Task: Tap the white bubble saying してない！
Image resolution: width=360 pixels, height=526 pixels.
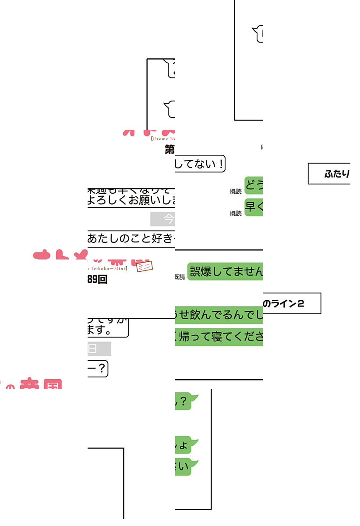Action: coord(200,164)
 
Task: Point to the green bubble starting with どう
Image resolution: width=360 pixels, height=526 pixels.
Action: coord(254,185)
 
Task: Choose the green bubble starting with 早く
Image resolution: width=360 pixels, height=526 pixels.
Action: coord(254,207)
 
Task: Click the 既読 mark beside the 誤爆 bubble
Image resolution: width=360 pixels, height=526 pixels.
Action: coord(180,277)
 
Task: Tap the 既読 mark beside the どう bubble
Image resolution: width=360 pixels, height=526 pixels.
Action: coord(236,192)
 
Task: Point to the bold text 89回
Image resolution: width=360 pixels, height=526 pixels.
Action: coord(97,280)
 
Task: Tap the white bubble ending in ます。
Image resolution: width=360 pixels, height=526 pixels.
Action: coord(108,328)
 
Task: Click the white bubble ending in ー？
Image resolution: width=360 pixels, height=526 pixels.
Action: coord(98,369)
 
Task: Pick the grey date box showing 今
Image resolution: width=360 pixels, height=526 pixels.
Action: coord(162,219)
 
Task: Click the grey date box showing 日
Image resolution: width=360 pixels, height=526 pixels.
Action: coord(99,349)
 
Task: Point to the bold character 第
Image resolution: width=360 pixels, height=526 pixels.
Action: coord(170,150)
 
